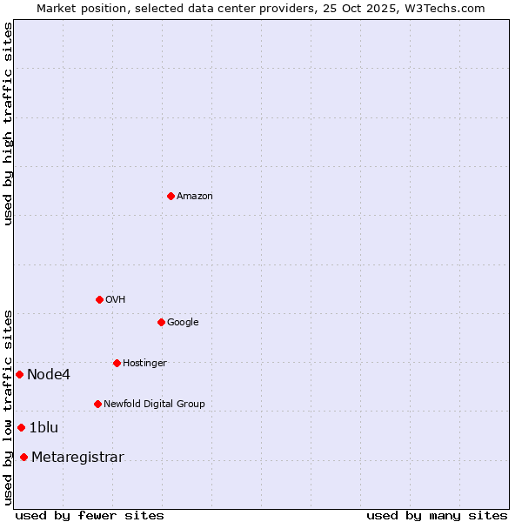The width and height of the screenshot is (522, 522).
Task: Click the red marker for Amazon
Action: click(171, 196)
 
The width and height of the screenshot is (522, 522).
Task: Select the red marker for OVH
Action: click(99, 299)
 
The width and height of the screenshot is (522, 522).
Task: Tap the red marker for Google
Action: click(161, 322)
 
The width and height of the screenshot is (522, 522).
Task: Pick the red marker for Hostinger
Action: click(117, 363)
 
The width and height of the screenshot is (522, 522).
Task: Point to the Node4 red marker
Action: click(19, 374)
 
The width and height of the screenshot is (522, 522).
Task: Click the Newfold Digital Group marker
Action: click(97, 404)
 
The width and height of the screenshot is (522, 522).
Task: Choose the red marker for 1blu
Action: click(21, 427)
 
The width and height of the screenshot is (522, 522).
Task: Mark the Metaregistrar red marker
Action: click(23, 458)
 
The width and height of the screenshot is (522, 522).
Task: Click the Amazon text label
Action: click(194, 197)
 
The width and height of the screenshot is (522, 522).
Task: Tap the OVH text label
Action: click(115, 300)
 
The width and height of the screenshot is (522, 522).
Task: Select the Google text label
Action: click(183, 323)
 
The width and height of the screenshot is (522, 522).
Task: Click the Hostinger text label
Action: click(144, 364)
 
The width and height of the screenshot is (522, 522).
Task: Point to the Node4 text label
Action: click(48, 375)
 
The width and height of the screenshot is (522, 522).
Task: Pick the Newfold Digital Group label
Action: click(154, 405)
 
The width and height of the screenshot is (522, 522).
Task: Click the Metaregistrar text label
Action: click(77, 458)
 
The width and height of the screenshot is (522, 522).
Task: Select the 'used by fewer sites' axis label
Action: click(90, 515)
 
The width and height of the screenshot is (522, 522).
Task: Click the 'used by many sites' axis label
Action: click(437, 515)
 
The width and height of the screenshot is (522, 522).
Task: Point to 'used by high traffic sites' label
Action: click(8, 124)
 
